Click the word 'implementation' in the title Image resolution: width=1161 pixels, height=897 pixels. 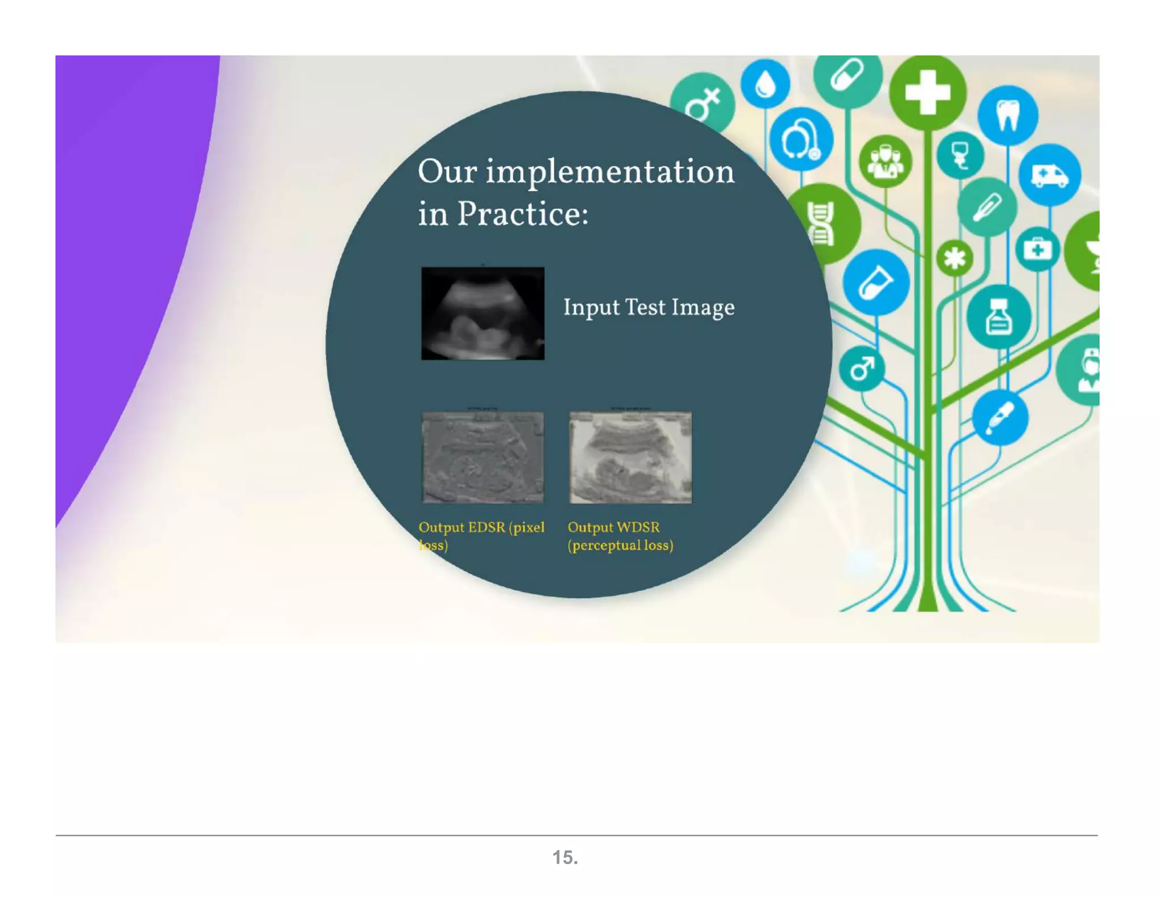(610, 172)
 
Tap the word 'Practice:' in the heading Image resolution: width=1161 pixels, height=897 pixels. (523, 214)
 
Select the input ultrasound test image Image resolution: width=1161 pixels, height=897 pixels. (482, 313)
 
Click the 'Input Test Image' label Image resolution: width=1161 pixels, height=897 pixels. (649, 307)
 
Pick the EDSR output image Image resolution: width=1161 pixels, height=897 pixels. (482, 457)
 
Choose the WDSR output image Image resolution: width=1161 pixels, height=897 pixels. (630, 457)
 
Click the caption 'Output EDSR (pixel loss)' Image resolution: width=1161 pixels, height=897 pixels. (481, 535)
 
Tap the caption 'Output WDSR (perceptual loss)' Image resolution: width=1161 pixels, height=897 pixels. (620, 535)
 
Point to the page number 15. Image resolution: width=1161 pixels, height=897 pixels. (565, 857)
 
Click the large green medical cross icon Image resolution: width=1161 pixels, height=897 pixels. (927, 92)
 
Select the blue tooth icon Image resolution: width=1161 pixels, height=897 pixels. (1007, 115)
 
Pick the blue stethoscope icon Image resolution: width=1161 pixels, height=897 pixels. (800, 139)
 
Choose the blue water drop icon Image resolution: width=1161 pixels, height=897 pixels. (765, 84)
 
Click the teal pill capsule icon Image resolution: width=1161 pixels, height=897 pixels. (847, 75)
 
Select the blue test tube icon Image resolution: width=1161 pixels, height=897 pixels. (875, 282)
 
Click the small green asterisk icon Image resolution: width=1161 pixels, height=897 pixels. (955, 259)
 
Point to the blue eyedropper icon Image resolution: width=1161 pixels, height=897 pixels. (999, 418)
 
